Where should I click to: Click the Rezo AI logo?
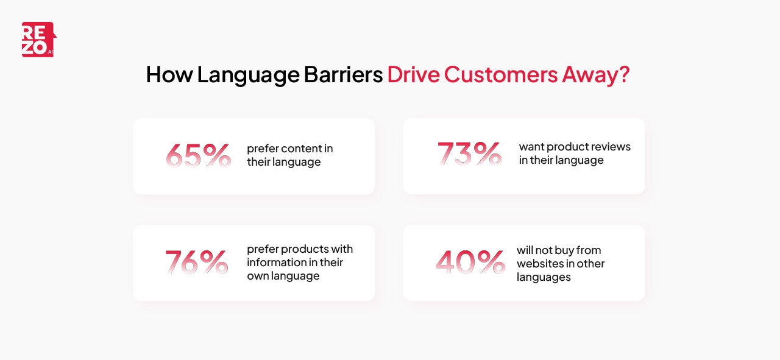(38, 40)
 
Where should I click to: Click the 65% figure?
(198, 155)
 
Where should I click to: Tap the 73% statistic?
(469, 154)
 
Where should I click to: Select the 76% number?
(197, 262)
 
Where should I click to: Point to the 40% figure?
(470, 262)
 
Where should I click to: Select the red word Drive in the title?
(413, 74)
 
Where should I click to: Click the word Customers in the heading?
(500, 74)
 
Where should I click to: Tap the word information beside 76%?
(277, 263)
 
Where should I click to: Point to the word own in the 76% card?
(257, 276)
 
